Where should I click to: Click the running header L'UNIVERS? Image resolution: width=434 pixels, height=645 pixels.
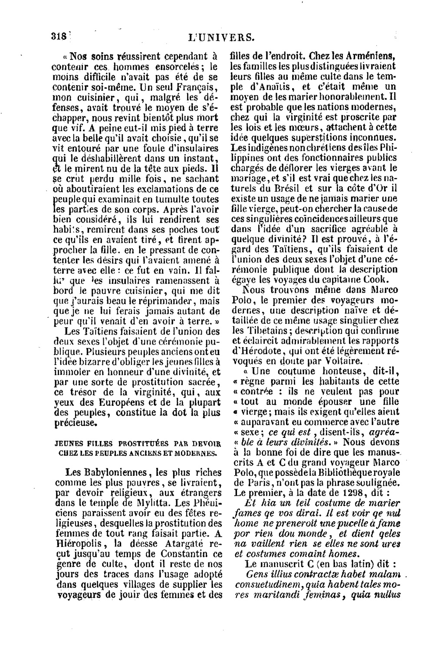[221, 38]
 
